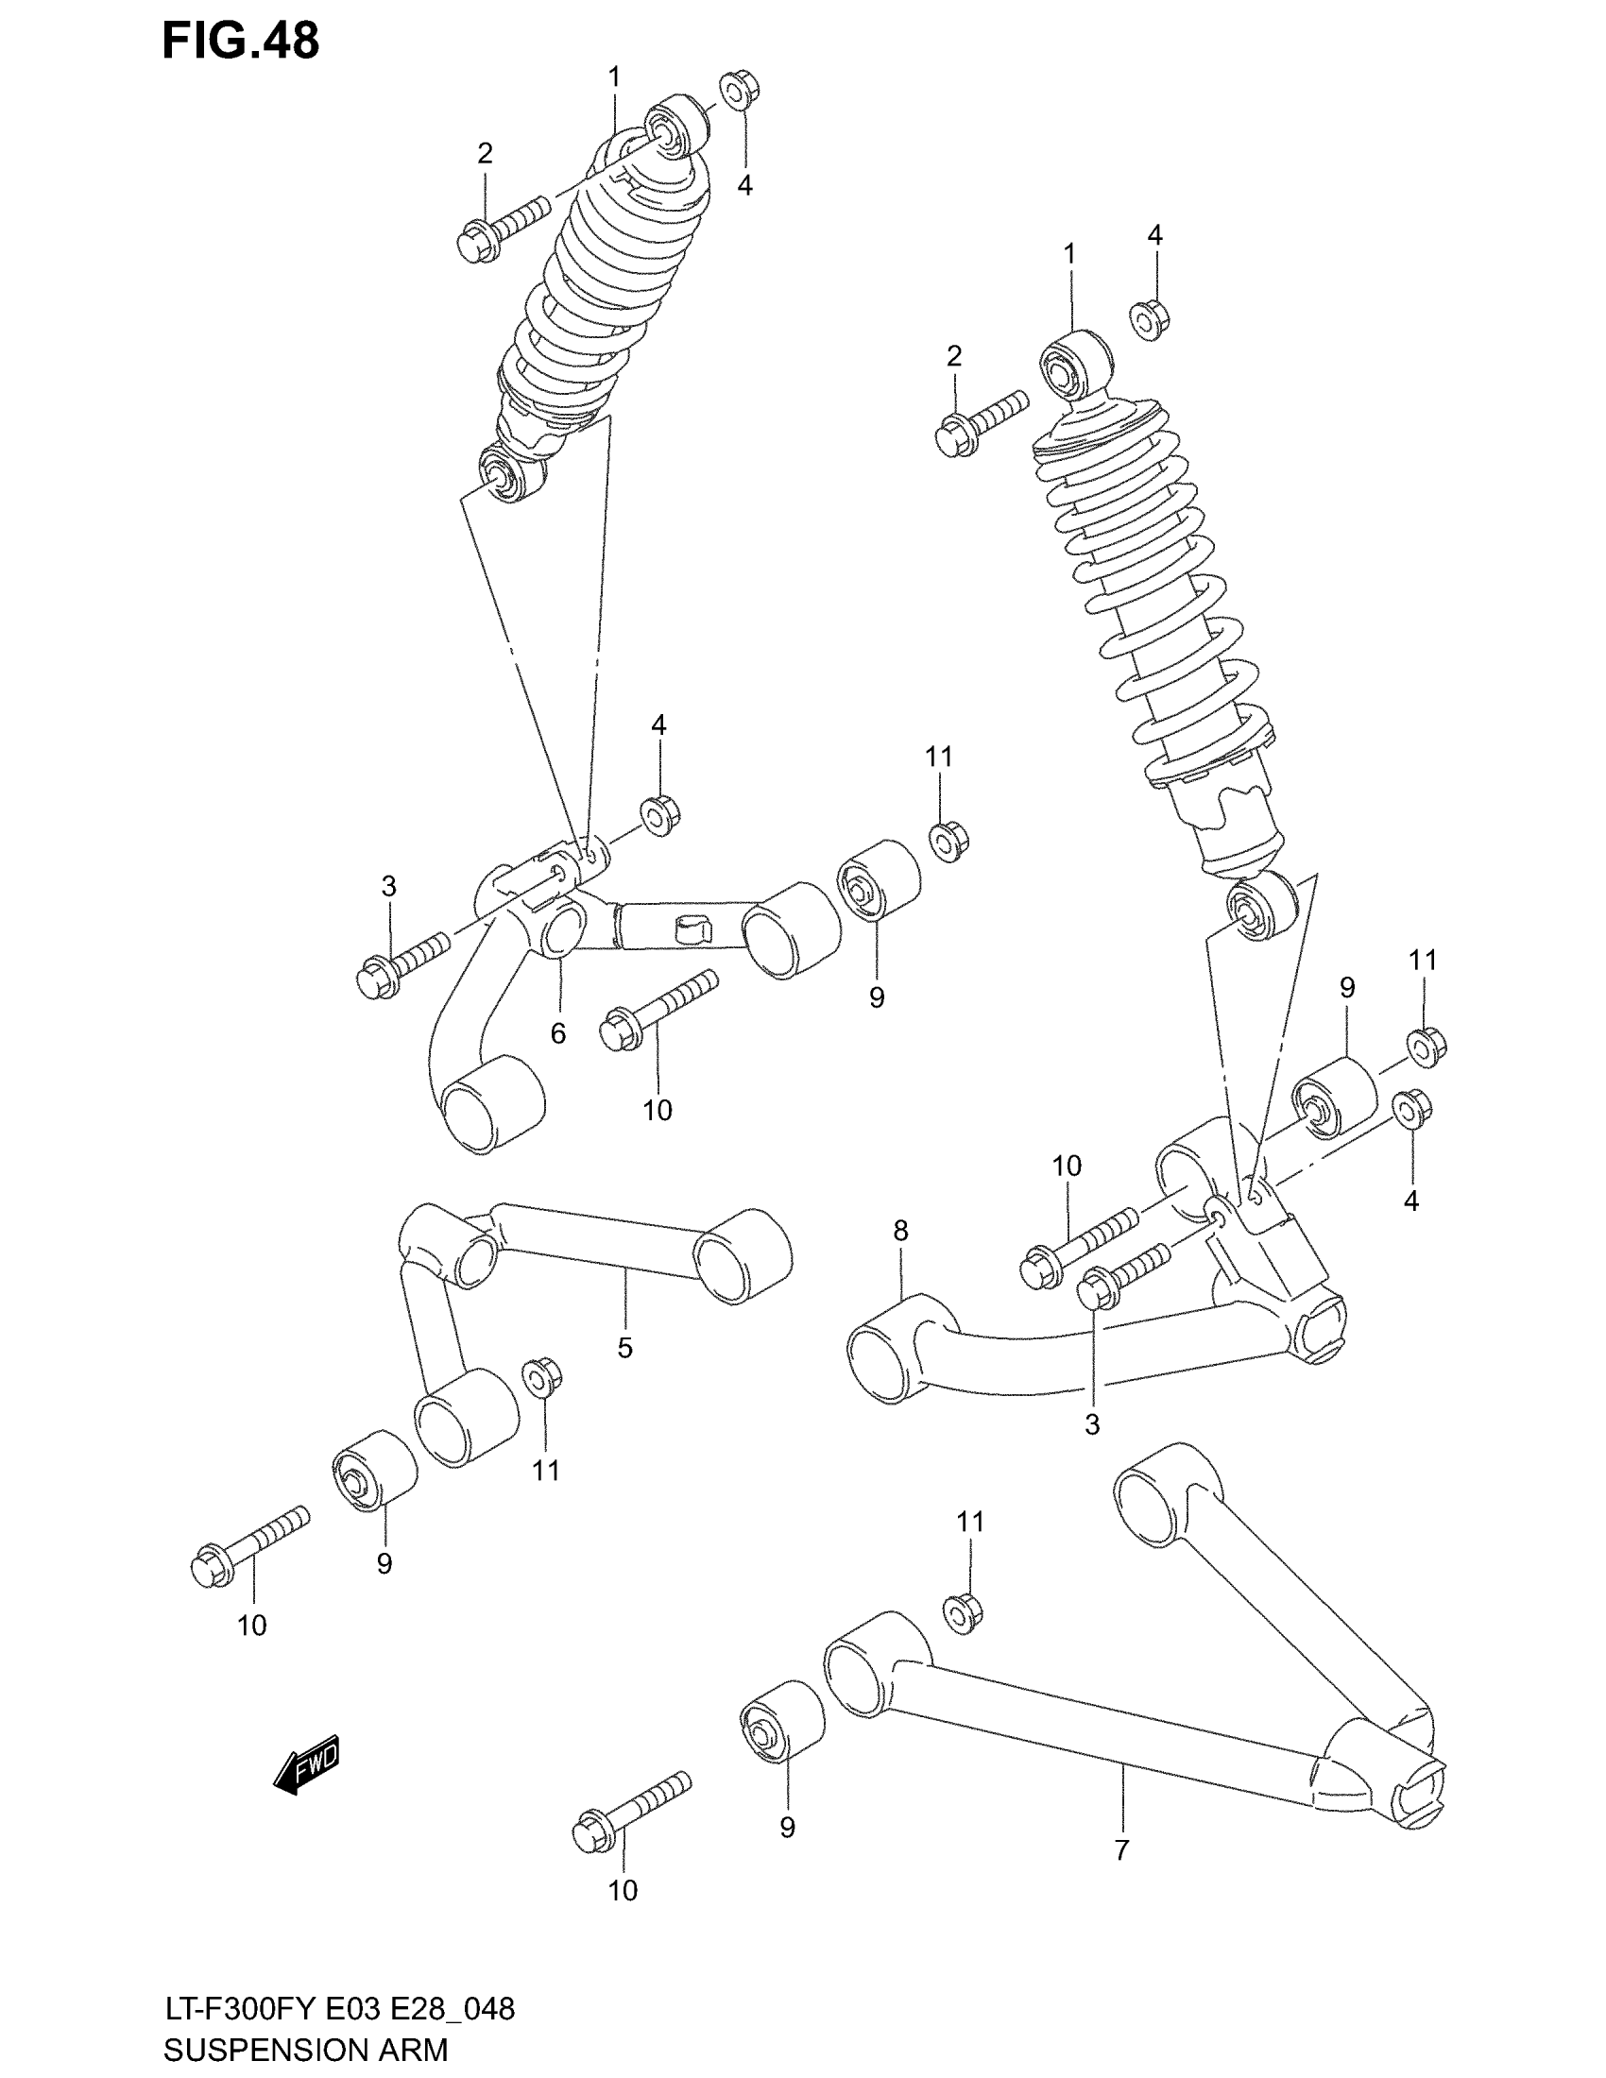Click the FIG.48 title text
(x=241, y=41)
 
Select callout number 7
(x=1121, y=1850)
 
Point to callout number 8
(x=900, y=1230)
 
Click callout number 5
(x=624, y=1347)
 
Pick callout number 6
(x=558, y=1033)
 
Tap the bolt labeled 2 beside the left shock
(x=502, y=229)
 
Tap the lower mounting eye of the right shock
(x=1261, y=906)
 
